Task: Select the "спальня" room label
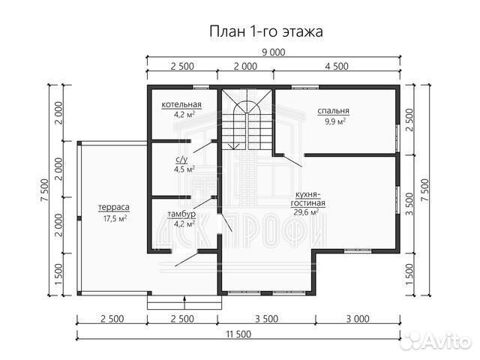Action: point(334,110)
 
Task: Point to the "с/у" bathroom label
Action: point(181,160)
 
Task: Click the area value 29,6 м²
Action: point(307,212)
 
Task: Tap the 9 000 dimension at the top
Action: point(272,52)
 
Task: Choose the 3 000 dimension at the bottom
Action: point(358,318)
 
